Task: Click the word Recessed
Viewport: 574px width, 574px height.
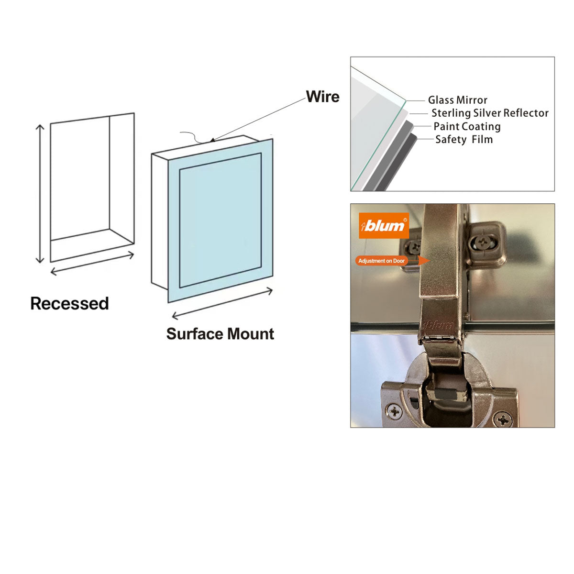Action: tap(69, 303)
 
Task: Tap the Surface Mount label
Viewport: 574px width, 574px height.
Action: tap(220, 333)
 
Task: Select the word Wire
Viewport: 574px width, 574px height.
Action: tap(322, 97)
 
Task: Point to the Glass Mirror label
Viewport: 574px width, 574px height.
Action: tap(457, 100)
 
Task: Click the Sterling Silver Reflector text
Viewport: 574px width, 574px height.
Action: tap(489, 113)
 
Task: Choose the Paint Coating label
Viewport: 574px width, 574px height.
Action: tap(467, 126)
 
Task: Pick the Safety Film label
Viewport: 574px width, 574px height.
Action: tap(464, 139)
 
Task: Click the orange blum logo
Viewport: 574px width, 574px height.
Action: tap(384, 225)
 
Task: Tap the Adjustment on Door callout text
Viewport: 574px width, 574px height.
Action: tap(381, 261)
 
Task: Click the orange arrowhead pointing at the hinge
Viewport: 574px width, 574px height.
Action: tap(424, 261)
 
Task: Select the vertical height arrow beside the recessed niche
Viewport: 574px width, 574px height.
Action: tap(40, 193)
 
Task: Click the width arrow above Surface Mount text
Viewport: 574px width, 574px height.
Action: tap(222, 303)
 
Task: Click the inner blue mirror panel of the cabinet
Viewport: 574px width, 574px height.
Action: tap(220, 220)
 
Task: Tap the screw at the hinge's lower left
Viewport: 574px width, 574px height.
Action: tap(395, 410)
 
